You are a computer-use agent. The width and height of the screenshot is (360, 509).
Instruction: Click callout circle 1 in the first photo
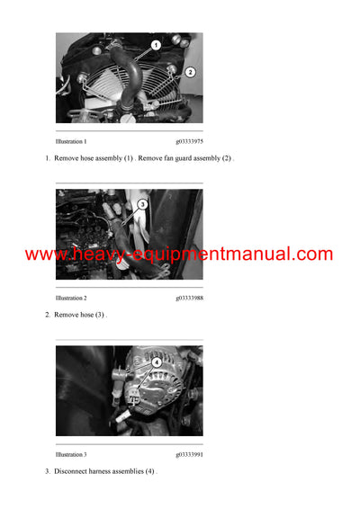[155, 45]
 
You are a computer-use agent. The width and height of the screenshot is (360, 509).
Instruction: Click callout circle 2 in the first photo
[190, 71]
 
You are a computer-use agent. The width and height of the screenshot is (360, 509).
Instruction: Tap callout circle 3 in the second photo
[142, 205]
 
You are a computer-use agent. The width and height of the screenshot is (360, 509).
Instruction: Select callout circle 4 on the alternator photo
[156, 362]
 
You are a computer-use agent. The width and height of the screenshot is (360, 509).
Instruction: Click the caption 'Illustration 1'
[71, 141]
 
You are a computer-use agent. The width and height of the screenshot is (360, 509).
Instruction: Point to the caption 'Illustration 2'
[71, 298]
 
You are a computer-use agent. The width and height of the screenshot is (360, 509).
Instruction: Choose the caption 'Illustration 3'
[71, 454]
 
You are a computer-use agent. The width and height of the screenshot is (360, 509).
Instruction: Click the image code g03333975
[189, 141]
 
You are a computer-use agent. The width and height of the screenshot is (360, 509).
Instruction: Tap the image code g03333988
[189, 298]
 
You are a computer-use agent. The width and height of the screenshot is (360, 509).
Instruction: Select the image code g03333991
[189, 454]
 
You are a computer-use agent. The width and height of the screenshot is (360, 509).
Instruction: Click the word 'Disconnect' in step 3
[71, 471]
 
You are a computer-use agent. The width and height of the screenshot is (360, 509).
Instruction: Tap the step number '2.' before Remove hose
[48, 315]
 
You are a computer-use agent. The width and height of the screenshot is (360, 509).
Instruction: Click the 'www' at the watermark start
[41, 255]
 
